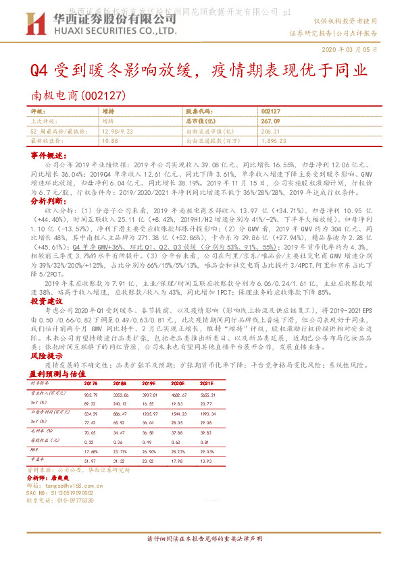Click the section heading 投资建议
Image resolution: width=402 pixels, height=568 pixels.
pos(46,301)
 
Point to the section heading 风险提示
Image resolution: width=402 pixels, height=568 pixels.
pos(46,355)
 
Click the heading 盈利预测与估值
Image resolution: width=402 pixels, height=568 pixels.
pos(57,374)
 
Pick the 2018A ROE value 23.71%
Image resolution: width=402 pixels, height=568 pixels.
pos(132,451)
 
